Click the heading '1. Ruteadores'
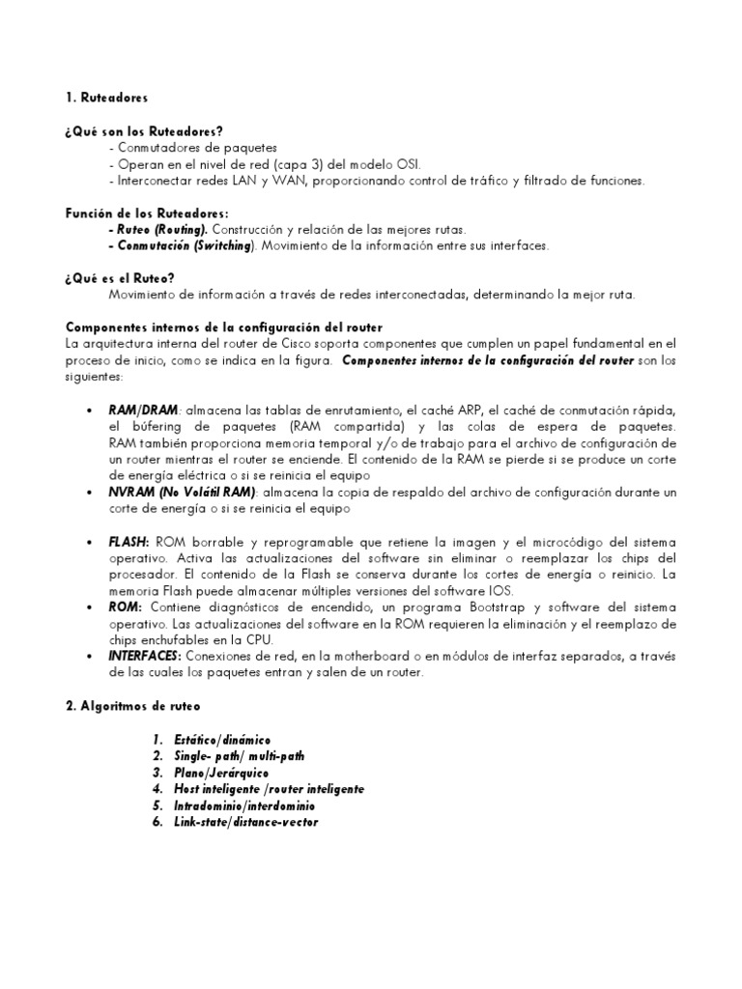tap(107, 98)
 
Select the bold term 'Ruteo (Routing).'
tap(161, 230)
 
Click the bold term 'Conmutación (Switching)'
tap(185, 245)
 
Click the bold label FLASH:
tap(128, 542)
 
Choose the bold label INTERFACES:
tap(145, 657)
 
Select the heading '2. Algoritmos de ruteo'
tap(133, 706)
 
